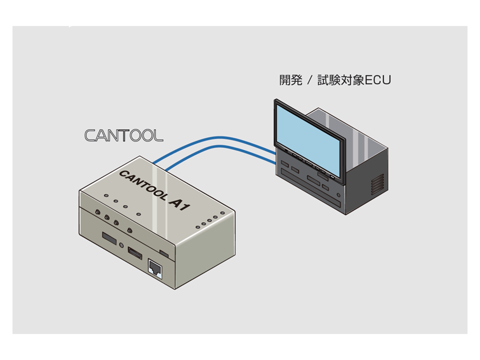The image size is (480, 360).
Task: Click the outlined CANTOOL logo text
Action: (123, 135)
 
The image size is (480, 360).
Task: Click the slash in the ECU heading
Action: (310, 80)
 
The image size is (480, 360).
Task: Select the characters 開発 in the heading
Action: (291, 80)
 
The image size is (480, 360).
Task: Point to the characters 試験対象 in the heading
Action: (340, 80)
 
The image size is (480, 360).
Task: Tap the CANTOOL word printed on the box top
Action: (142, 185)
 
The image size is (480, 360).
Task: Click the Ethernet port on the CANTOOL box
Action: (155, 269)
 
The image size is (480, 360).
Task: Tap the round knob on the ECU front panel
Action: (338, 195)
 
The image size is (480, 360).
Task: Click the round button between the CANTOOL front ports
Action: (122, 245)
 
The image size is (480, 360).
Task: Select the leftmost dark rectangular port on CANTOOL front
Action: (109, 238)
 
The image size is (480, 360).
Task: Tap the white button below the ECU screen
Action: (332, 176)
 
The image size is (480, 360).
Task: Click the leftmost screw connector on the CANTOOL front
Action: (97, 211)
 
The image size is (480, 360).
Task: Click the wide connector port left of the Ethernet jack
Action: (135, 253)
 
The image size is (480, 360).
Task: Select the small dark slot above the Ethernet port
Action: (164, 254)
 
